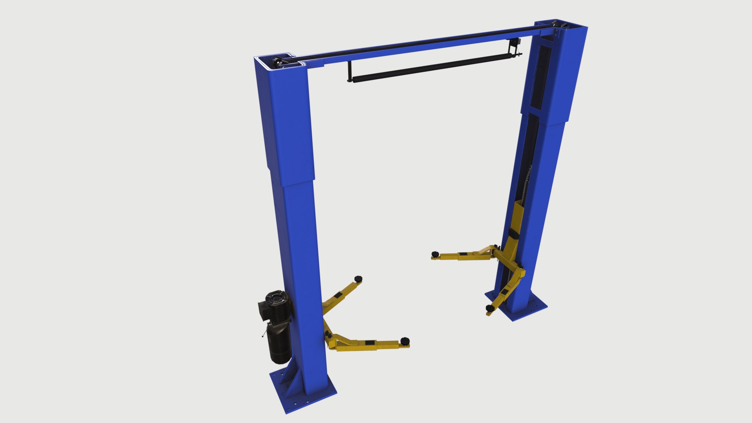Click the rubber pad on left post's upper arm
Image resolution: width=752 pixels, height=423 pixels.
358,278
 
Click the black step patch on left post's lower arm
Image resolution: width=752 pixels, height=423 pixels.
369,343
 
